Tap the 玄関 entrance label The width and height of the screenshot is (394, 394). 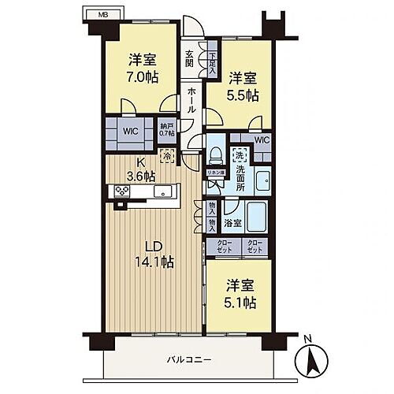[190, 58]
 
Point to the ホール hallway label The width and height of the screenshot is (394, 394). [191, 101]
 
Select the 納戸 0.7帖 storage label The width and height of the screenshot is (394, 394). [166, 130]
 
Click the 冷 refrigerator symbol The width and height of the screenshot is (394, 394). [166, 156]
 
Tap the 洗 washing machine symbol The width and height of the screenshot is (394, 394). [236, 155]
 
